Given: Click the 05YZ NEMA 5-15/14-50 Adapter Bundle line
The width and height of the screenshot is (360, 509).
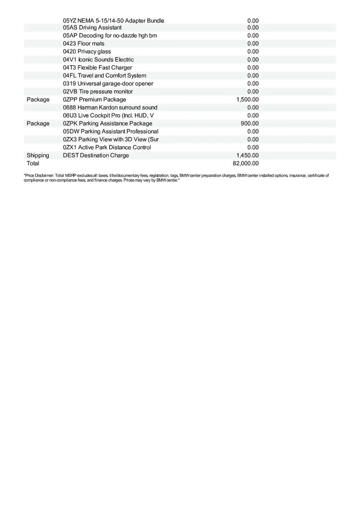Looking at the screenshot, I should click(x=113, y=20).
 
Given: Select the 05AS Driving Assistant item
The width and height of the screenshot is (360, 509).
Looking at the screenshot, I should click(x=92, y=28).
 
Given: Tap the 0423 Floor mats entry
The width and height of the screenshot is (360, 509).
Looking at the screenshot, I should click(x=84, y=43).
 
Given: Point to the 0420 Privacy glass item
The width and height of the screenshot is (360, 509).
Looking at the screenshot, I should click(x=87, y=51).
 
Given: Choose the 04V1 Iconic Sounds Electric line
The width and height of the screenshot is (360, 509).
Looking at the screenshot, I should click(x=98, y=59).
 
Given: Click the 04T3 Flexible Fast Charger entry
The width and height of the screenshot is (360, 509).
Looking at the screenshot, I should click(x=97, y=67).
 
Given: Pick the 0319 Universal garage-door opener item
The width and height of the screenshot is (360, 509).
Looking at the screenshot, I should click(x=108, y=84).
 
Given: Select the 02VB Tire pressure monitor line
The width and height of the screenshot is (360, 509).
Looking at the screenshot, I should click(x=98, y=92).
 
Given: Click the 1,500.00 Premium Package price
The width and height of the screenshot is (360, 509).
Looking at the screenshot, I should click(x=247, y=100).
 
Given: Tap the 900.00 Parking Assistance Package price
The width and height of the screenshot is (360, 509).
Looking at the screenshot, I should click(x=250, y=123).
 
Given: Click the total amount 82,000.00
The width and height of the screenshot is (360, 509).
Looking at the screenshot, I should click(x=246, y=163).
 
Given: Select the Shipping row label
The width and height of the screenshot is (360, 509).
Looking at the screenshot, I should click(x=38, y=155).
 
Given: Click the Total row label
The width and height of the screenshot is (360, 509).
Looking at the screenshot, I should click(x=33, y=163).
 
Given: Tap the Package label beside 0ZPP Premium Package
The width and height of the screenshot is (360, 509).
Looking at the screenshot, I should click(x=38, y=100).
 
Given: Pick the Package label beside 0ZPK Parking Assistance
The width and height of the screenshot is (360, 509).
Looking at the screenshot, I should click(x=38, y=123).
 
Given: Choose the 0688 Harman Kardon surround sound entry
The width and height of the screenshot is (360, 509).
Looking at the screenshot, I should click(x=110, y=107).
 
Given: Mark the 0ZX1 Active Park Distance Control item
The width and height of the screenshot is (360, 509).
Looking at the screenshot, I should click(x=107, y=147).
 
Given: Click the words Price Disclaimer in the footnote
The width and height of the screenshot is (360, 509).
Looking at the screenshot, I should click(x=38, y=175).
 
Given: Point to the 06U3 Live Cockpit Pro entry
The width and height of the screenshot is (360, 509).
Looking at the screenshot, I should click(x=108, y=115).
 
